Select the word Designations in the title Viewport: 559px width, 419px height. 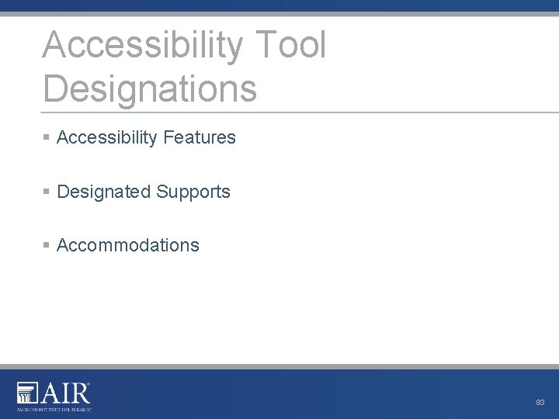(150, 88)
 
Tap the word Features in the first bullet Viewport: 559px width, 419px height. (200, 137)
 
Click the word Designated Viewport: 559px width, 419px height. (103, 192)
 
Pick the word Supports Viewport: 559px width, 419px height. (193, 192)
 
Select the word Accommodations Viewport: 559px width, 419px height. (128, 245)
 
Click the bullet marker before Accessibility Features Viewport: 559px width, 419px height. (47, 137)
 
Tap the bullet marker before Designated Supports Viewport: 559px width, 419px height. (47, 192)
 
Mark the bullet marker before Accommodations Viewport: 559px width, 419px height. (47, 245)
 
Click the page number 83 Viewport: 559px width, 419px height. (540, 403)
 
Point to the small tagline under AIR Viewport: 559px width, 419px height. (54, 408)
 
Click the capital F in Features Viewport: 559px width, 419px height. (168, 137)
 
